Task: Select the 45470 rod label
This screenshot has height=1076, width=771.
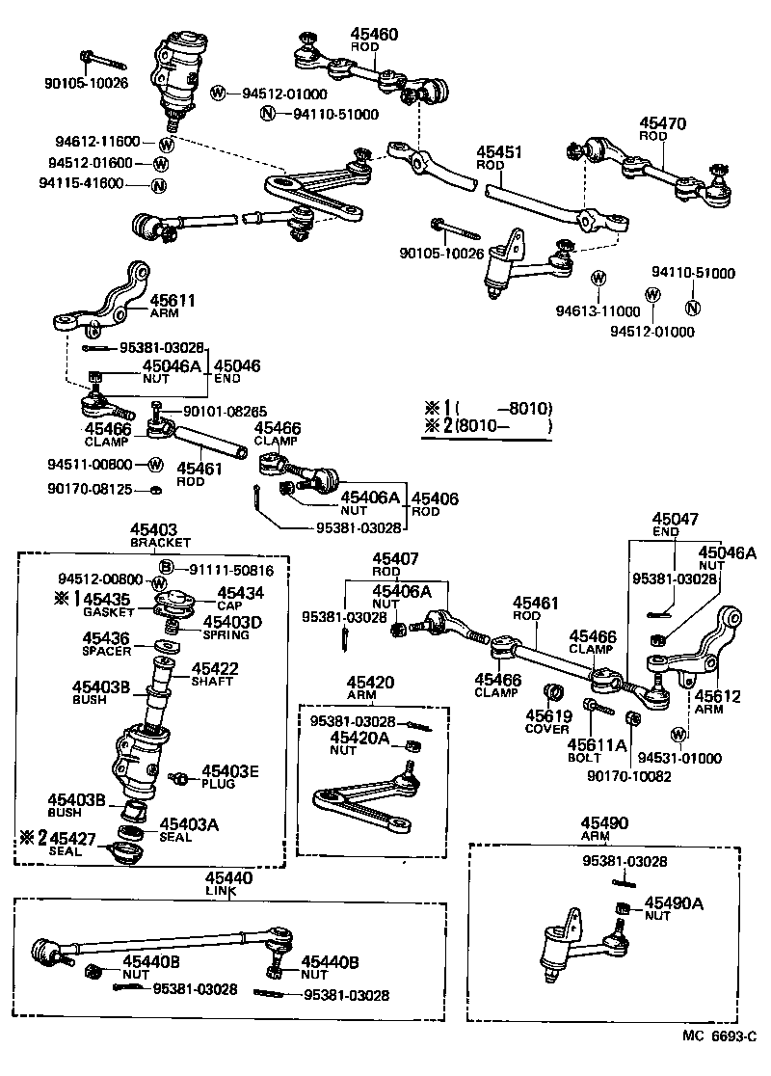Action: pyautogui.click(x=662, y=123)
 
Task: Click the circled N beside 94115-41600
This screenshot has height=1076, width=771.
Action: pyautogui.click(x=159, y=184)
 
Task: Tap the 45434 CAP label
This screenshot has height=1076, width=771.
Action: pyautogui.click(x=240, y=594)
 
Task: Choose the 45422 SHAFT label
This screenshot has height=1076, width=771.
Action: pyautogui.click(x=214, y=668)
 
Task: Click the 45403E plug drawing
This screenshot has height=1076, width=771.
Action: pyautogui.click(x=179, y=776)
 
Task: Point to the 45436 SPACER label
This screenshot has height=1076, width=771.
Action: pyautogui.click(x=106, y=638)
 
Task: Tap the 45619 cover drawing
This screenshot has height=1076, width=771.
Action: pyautogui.click(x=554, y=692)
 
